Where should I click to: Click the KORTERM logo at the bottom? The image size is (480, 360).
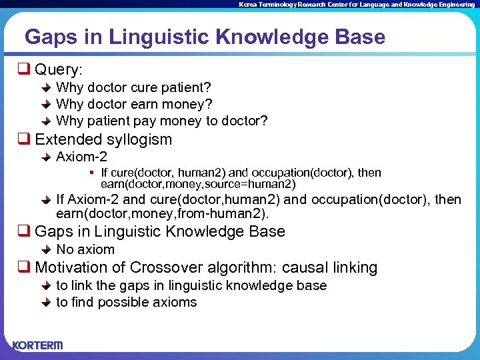click(37, 345)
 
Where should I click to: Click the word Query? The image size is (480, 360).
click(59, 69)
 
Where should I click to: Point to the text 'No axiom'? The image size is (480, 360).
click(85, 249)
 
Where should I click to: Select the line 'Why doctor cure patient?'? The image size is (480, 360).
click(133, 87)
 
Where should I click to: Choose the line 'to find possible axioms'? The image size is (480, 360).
click(127, 302)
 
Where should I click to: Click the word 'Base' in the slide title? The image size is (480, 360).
click(361, 37)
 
